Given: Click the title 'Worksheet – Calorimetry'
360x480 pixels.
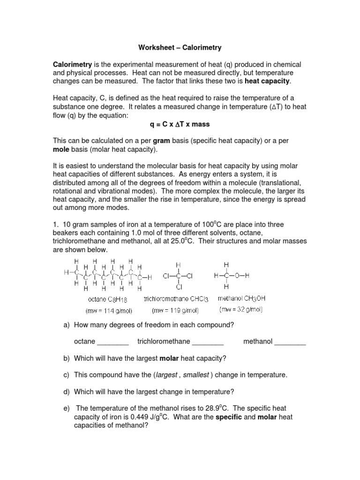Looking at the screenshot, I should [x=180, y=47].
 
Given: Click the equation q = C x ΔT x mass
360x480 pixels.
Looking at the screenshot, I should [x=180, y=124].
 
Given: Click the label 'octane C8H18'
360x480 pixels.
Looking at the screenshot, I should [x=107, y=299].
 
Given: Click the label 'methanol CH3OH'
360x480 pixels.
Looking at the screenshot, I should [x=242, y=298].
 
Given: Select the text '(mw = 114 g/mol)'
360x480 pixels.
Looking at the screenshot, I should [x=107, y=310].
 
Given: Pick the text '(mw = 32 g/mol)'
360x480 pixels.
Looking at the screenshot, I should [x=241, y=310].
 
